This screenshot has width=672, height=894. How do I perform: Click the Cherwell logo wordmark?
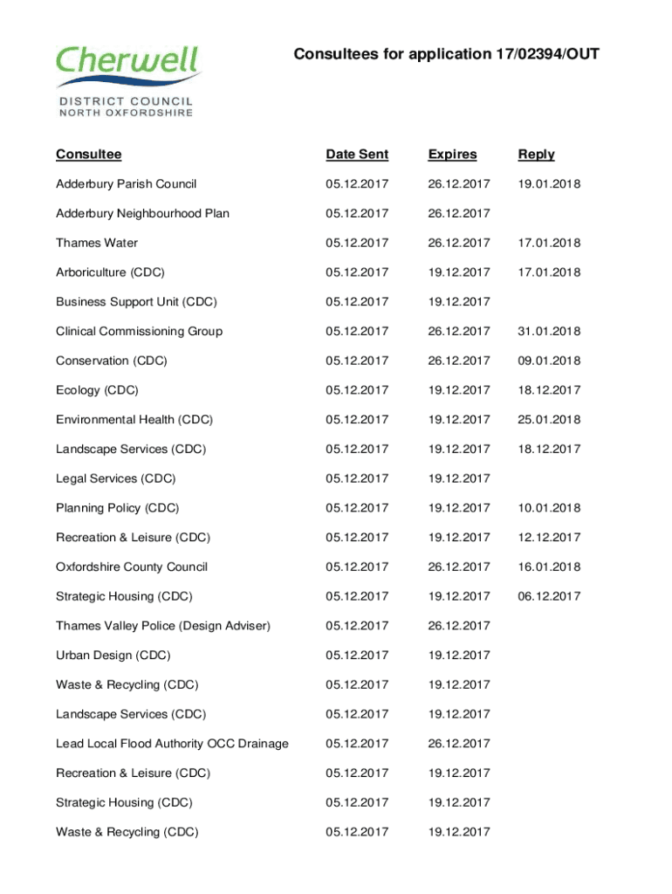(128, 63)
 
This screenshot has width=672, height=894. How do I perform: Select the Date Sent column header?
(357, 155)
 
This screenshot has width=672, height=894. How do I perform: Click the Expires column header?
(452, 155)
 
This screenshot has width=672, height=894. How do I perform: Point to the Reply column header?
(536, 155)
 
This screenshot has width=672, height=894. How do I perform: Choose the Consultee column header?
(88, 155)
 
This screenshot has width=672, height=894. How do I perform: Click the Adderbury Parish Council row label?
(126, 184)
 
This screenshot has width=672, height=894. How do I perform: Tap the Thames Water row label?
(97, 243)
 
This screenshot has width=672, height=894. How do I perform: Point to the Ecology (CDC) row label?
(97, 390)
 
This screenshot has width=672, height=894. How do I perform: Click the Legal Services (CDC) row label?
(115, 478)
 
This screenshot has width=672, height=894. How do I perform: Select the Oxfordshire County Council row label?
(132, 567)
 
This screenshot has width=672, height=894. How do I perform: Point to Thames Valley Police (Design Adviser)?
(163, 626)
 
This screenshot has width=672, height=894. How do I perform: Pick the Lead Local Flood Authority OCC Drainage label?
(172, 744)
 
